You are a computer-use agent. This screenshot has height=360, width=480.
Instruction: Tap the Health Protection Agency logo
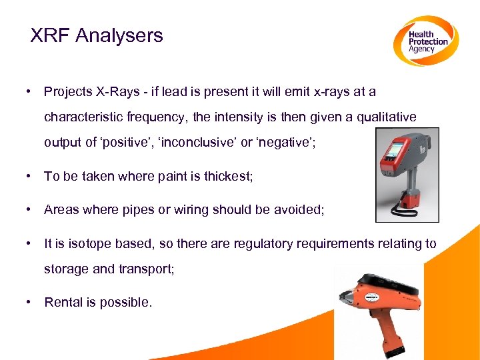(425, 41)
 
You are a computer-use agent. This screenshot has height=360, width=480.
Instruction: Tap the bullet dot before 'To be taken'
(29, 177)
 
